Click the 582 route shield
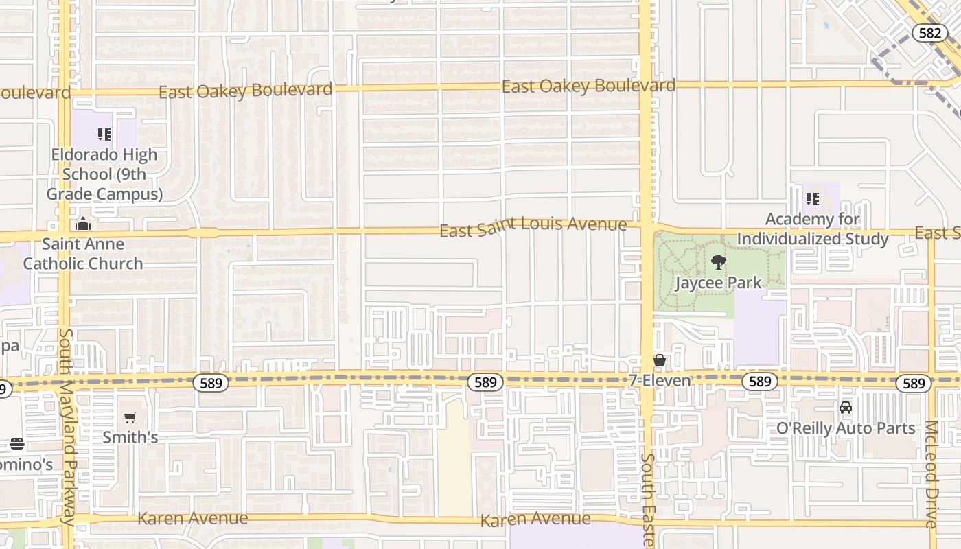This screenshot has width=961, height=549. (x=930, y=33)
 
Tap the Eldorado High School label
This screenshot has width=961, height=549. (x=104, y=174)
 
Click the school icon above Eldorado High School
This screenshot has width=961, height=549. (x=104, y=135)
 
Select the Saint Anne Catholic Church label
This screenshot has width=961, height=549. (x=83, y=253)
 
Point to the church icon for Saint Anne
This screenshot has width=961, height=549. (x=83, y=224)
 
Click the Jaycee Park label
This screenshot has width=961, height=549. (x=718, y=283)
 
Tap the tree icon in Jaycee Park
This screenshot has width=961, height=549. (x=718, y=262)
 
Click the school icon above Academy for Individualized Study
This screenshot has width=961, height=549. (x=813, y=200)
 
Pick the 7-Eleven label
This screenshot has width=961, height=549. (x=660, y=379)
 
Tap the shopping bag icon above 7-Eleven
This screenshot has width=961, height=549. (x=660, y=360)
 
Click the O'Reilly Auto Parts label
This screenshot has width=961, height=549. (x=846, y=428)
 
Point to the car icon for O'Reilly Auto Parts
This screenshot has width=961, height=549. (x=846, y=408)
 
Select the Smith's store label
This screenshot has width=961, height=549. (x=130, y=437)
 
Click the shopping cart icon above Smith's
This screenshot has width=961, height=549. (x=130, y=417)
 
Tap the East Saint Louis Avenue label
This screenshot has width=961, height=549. (x=533, y=226)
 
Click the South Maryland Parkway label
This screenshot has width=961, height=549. (x=66, y=427)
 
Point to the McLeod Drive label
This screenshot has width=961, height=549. (x=931, y=474)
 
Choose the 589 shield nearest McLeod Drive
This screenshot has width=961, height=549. (x=914, y=383)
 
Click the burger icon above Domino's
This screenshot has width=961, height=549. (x=17, y=444)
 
